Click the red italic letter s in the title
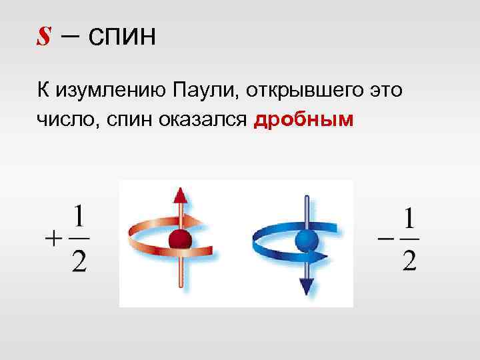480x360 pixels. (43, 37)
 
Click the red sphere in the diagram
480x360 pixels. (180, 239)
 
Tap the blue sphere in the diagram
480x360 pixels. (306, 239)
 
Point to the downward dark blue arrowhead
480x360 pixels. (306, 285)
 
